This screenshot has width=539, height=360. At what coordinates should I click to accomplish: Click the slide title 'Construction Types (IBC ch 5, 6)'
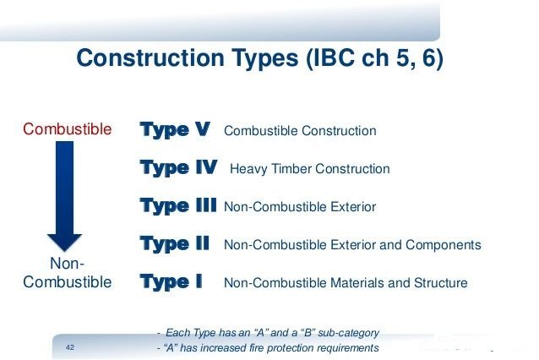[x=260, y=60]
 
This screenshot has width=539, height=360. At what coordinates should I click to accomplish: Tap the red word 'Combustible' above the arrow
[x=67, y=129]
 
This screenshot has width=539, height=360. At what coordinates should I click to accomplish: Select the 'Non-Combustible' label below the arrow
[x=67, y=273]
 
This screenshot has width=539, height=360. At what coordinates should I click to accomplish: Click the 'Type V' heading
[x=176, y=130]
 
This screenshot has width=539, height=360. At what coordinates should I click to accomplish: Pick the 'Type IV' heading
[x=178, y=168]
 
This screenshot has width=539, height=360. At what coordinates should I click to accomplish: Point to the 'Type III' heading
[x=178, y=206]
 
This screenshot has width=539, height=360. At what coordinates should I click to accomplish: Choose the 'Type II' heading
[x=175, y=244]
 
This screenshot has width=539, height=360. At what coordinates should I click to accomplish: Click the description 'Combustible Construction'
[x=300, y=131]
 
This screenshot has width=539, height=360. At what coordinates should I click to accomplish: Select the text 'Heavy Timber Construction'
[x=309, y=169]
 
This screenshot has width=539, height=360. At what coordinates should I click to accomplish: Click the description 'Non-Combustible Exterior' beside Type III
[x=300, y=207]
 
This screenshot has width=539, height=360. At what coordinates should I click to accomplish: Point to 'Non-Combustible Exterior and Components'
[x=352, y=245]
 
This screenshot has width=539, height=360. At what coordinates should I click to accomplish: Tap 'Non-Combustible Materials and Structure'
[x=345, y=283]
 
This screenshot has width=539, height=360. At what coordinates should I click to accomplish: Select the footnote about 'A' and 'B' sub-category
[x=269, y=332]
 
